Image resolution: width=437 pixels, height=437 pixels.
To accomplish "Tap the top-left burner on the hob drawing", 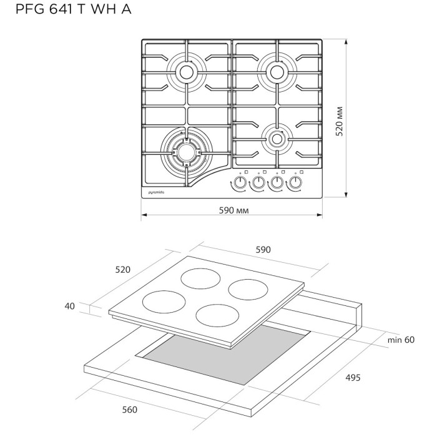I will (186, 72).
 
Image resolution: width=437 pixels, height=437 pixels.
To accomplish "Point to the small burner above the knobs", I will (276, 139).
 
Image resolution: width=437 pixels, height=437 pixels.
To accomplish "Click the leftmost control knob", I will (238, 184).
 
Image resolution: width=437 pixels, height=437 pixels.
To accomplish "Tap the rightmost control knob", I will (293, 184).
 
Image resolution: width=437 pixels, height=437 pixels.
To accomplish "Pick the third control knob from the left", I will (275, 184).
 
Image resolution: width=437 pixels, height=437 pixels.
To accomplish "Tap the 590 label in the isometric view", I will (263, 250).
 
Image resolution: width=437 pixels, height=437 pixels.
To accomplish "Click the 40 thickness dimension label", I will (69, 306).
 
